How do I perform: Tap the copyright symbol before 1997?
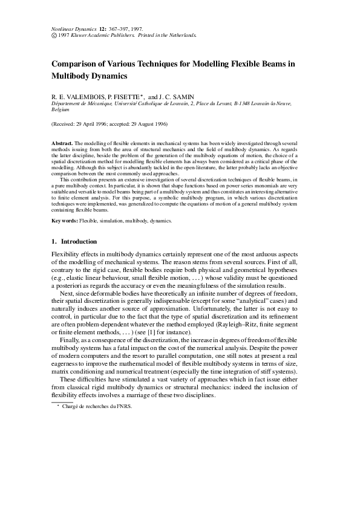coord(54,36)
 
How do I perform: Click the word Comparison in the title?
coord(78,63)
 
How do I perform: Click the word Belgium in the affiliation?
coord(61,110)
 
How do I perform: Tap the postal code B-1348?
coord(231,103)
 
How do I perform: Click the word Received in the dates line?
coord(66,124)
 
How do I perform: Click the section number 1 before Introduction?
coord(54,242)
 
